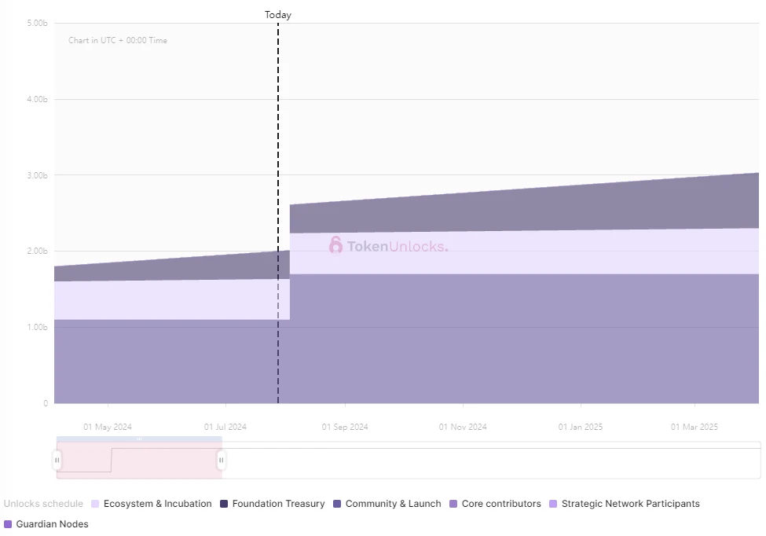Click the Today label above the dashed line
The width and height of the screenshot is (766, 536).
278,15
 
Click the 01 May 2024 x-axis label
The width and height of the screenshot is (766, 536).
108,428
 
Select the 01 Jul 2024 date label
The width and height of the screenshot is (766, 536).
225,428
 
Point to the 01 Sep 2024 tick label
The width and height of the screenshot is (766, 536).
345,428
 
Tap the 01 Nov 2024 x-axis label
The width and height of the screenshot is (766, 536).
463,428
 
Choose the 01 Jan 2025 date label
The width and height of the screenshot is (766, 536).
581,428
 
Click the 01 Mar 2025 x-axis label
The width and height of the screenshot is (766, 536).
695,428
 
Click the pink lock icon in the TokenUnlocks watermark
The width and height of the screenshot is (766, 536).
335,246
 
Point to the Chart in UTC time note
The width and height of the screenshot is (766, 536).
118,41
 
